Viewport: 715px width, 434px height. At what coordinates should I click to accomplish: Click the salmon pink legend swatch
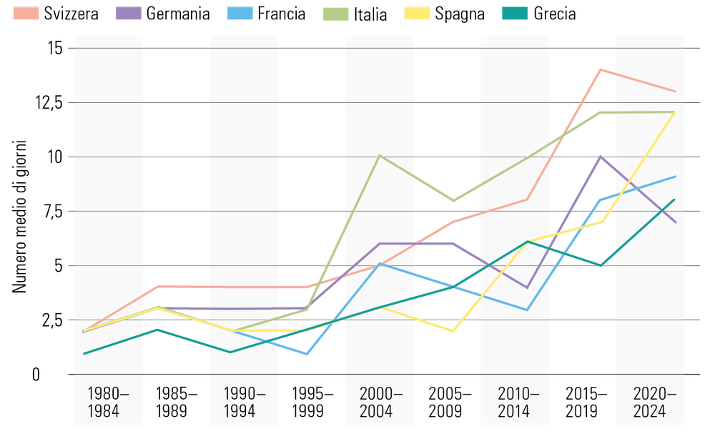(26, 13)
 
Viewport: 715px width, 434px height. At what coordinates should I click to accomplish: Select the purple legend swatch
(129, 13)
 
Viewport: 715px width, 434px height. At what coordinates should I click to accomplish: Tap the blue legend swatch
(240, 13)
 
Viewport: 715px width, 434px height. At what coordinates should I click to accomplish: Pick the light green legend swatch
(335, 13)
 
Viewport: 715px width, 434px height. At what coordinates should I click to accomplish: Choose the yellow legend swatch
(417, 13)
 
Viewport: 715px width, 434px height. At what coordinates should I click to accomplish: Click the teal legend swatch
(514, 13)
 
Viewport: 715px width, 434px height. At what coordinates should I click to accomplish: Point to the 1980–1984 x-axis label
(108, 403)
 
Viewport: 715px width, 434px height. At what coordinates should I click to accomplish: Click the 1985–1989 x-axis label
(176, 403)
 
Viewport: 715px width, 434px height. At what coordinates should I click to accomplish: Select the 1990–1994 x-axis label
(245, 403)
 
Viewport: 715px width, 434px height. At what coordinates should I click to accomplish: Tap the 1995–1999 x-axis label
(312, 403)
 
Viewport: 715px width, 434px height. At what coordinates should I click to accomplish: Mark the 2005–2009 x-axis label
(450, 403)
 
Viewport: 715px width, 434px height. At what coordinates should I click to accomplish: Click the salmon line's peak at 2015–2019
(600, 69)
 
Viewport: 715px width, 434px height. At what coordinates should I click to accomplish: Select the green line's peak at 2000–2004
(380, 155)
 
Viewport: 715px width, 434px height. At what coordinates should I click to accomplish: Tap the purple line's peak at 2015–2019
(601, 157)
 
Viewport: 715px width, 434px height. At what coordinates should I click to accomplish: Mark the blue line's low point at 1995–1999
(307, 354)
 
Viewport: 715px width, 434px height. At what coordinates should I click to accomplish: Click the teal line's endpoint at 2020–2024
(675, 199)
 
